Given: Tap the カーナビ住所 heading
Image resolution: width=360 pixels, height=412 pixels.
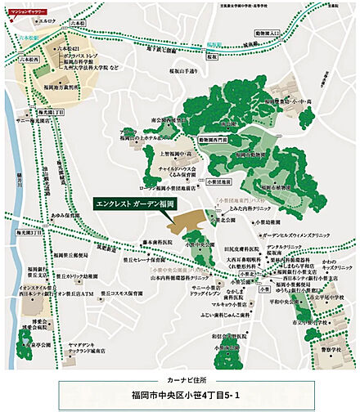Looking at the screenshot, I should click(x=178, y=380).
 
